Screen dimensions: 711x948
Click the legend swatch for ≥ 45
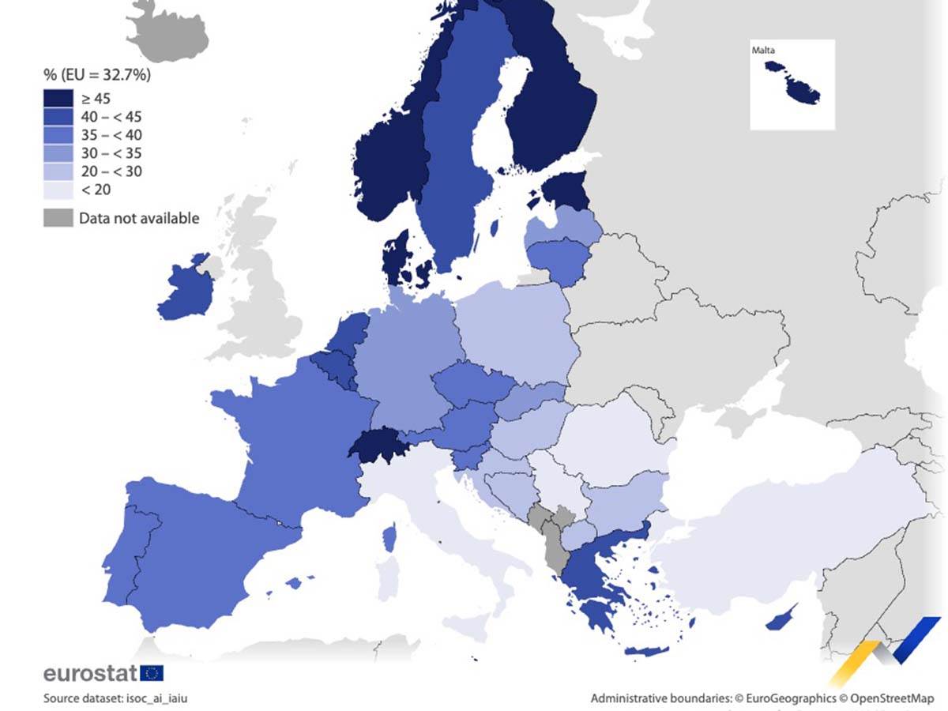(57, 98)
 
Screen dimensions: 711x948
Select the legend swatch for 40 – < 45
(57, 116)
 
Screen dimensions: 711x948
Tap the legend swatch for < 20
(57, 190)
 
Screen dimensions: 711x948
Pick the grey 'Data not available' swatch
(57, 218)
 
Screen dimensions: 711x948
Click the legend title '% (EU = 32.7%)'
(96, 76)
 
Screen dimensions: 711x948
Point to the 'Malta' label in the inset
(763, 51)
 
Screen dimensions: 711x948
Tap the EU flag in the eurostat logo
(152, 673)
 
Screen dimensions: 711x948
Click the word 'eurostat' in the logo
(90, 673)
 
